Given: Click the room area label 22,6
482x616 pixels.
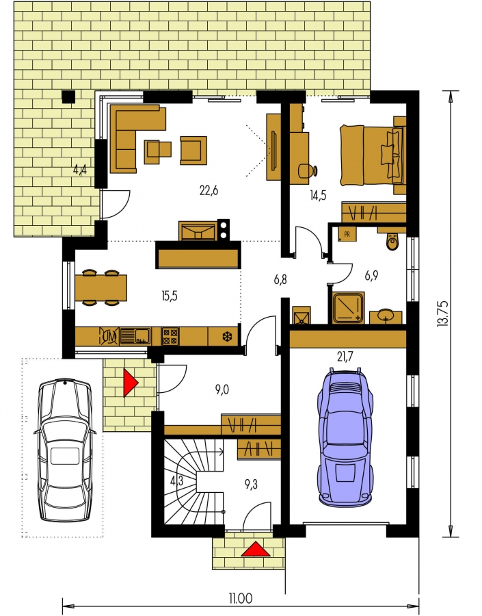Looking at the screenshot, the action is [209, 191].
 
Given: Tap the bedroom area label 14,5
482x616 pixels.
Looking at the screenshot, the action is [318, 195].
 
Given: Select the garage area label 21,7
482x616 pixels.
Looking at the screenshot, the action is [345, 357].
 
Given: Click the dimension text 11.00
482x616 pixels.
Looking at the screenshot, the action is [241, 598].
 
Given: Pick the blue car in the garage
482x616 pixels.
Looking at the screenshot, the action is [345, 436].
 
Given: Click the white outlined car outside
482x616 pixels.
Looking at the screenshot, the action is [65, 450].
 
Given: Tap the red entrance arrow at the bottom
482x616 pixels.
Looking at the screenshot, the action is [256, 549].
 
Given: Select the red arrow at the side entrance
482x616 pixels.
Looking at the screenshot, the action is [131, 382].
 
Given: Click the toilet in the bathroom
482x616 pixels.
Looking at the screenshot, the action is [392, 241].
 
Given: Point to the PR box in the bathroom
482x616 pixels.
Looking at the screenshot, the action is [347, 235].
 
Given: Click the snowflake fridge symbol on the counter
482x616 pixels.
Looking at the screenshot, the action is [226, 337].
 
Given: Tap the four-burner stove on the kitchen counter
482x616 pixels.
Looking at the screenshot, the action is [170, 337].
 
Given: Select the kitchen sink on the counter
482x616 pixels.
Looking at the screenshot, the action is [135, 336].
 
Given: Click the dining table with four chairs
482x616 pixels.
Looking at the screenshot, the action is [101, 287].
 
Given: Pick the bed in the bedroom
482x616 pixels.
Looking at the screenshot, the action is [371, 155].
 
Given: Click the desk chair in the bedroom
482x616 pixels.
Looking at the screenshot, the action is [308, 171].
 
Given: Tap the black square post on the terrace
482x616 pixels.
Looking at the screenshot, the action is [68, 97].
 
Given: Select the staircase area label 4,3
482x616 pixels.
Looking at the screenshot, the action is [176, 481].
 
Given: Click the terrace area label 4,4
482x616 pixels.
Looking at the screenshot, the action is [80, 170].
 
